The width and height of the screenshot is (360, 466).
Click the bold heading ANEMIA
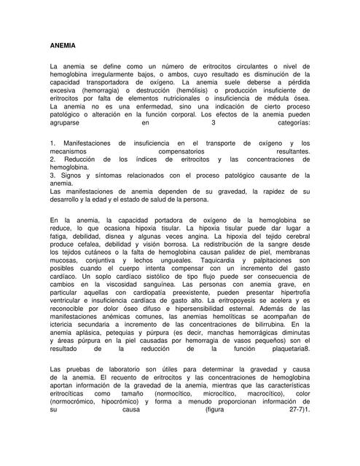point(61,45)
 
